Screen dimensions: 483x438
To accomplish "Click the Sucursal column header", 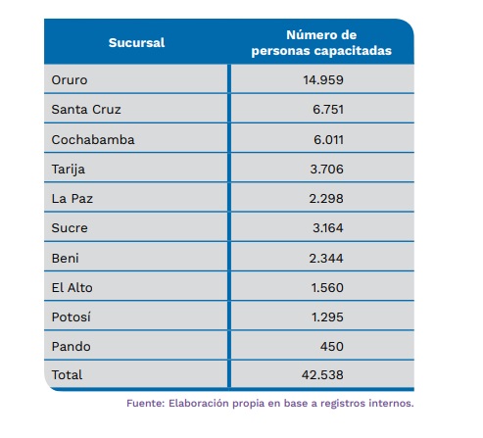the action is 136,43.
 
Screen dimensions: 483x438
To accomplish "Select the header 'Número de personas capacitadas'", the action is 321,43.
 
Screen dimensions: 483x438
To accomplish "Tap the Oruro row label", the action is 70,80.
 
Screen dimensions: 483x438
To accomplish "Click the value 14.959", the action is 323,80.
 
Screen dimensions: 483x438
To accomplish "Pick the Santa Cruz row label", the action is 86,110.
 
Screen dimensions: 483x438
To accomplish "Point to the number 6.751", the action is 328,110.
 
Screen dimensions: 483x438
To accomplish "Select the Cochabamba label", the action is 93,140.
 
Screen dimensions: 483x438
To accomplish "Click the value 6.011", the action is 328,140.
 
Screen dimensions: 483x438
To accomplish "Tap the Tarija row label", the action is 69,170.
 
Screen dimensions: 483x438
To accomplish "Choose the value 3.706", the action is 326,170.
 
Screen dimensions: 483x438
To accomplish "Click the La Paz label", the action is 72,199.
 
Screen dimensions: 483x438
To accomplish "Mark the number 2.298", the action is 326,199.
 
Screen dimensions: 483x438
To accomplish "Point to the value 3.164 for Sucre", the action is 328,228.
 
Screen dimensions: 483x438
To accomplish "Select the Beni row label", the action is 65,259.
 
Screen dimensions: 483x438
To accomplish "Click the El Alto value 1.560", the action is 327,288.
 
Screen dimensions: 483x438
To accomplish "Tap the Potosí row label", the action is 71,316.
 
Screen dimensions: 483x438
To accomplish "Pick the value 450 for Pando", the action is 332,347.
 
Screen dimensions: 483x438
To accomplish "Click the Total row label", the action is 67,375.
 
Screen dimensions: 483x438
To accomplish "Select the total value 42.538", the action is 322,375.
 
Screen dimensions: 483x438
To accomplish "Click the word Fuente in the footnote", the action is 145,404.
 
